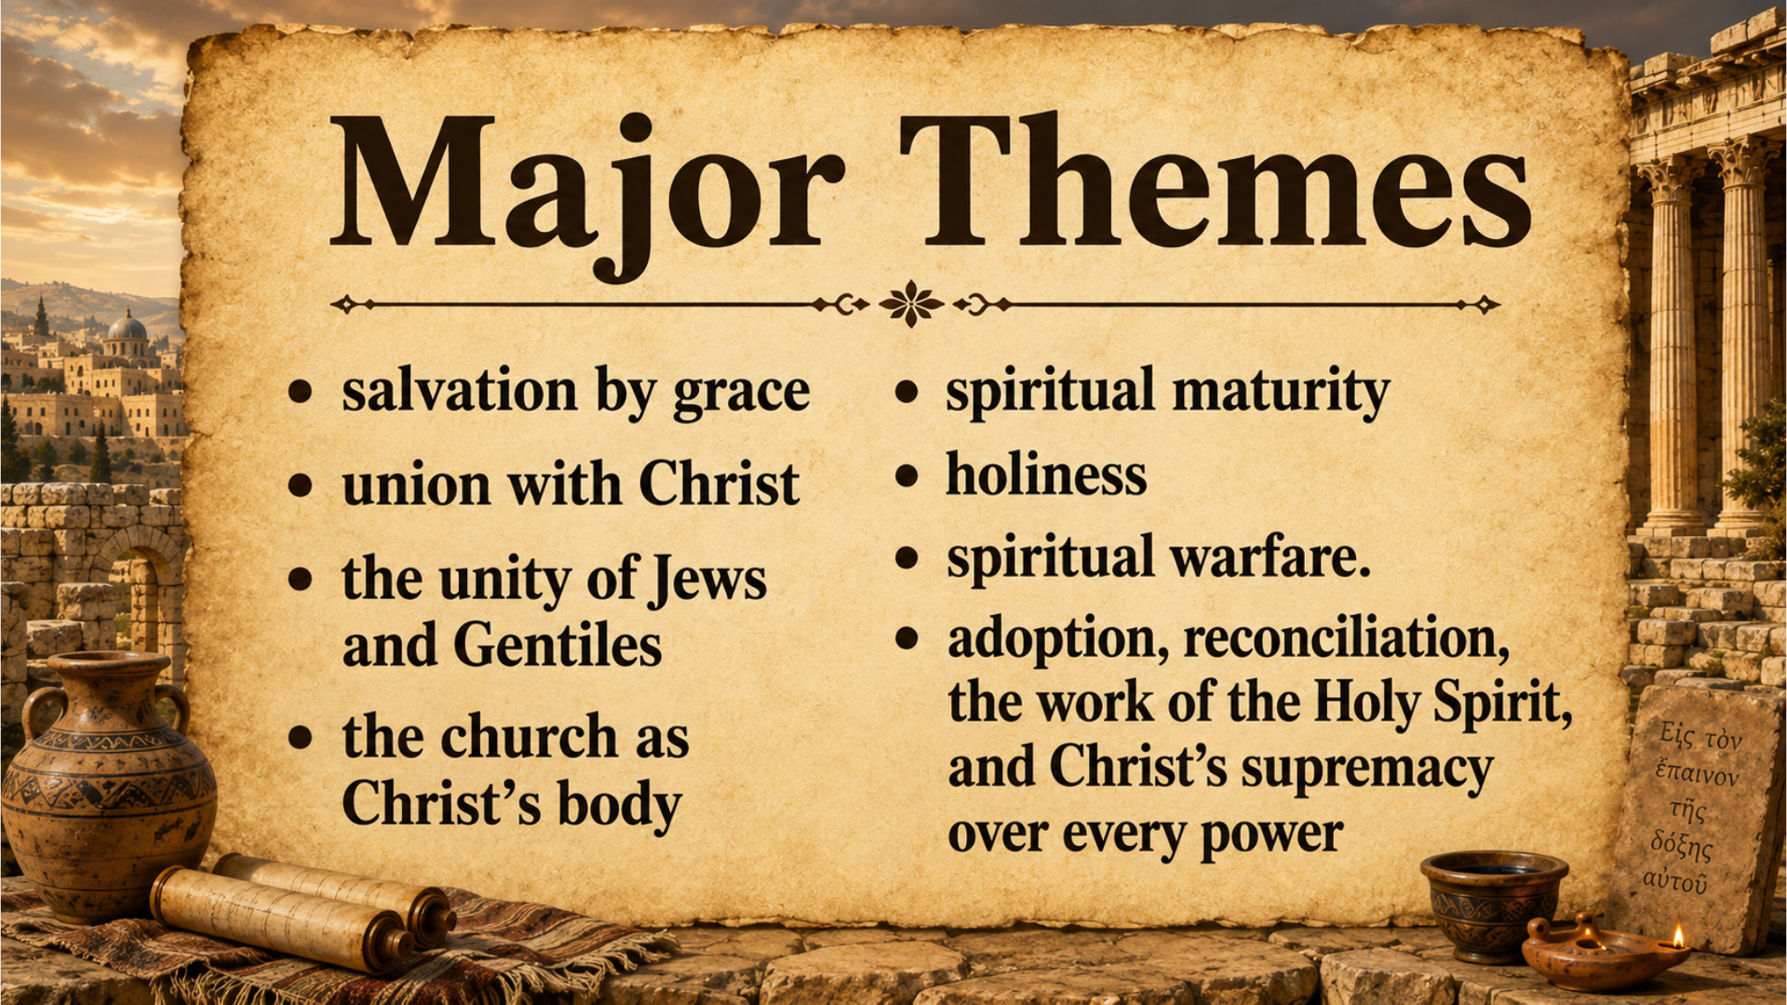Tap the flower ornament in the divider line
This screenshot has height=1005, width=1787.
911,303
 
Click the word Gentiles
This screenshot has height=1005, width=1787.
558,644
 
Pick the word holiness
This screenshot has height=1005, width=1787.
1046,475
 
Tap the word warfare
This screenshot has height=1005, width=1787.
1269,557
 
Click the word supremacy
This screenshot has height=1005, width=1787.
1367,770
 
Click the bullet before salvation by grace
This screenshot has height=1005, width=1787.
300,392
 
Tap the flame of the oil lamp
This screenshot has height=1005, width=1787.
1678,934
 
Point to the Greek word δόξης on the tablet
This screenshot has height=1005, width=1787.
1681,846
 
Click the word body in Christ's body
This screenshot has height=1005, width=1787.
619,806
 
